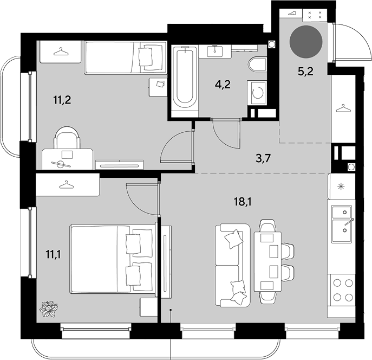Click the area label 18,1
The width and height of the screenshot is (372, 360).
pyautogui.click(x=243, y=202)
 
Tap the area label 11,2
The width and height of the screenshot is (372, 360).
pyautogui.click(x=62, y=100)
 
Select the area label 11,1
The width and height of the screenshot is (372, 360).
pyautogui.click(x=53, y=254)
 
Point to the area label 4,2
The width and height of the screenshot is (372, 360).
pyautogui.click(x=223, y=84)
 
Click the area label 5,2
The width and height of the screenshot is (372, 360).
pyautogui.click(x=305, y=71)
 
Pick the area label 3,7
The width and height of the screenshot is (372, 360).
pyautogui.click(x=263, y=158)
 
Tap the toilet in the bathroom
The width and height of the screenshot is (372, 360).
pyautogui.click(x=257, y=64)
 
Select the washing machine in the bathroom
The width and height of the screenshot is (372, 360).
pyautogui.click(x=257, y=93)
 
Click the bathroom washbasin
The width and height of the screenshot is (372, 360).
pyautogui.click(x=215, y=52)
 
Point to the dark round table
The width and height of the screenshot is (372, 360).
pyautogui.click(x=306, y=42)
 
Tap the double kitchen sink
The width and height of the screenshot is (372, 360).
pyautogui.click(x=342, y=224)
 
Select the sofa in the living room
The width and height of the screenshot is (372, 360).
pyautogui.click(x=233, y=265)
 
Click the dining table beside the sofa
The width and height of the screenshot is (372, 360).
pyautogui.click(x=267, y=261)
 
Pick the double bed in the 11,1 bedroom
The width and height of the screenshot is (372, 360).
pyautogui.click(x=113, y=259)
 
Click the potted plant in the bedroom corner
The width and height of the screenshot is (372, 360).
pyautogui.click(x=49, y=308)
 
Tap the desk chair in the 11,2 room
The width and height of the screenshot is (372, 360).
pyautogui.click(x=67, y=138)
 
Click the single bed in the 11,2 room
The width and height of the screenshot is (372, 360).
pyautogui.click(x=126, y=57)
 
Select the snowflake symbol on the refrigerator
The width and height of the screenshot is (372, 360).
pyautogui.click(x=341, y=187)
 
